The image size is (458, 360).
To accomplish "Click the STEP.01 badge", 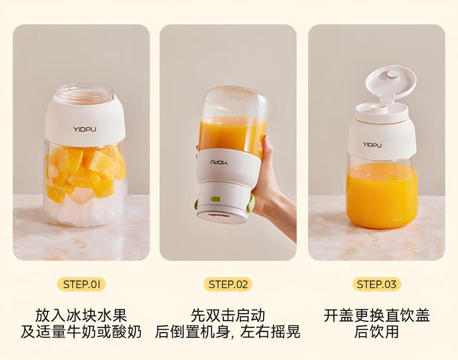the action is point(81,284).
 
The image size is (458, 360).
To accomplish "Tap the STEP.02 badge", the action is point(228,284).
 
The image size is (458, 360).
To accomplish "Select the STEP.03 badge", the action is point(377,284).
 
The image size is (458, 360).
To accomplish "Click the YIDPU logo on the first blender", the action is point(84,129).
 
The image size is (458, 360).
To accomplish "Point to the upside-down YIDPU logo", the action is point(219,162).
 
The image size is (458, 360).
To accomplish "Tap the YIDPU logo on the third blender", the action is point(372,145).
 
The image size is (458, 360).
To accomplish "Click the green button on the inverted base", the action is point(216,199).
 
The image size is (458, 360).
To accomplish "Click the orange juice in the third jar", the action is point(382,195).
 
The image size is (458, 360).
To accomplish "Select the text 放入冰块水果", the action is point(81,315).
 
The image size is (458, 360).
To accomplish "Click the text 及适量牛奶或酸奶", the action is point(81,332).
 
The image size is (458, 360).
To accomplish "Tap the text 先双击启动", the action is point(228,315).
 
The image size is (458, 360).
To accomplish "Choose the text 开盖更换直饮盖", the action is point(377,315).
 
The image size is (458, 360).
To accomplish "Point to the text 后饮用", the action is point(377,332).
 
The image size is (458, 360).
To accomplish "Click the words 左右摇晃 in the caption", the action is point(270,332).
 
